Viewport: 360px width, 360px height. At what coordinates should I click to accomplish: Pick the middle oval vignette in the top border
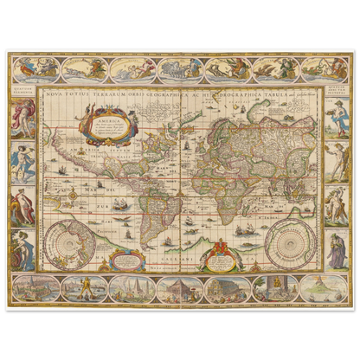[179, 69]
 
